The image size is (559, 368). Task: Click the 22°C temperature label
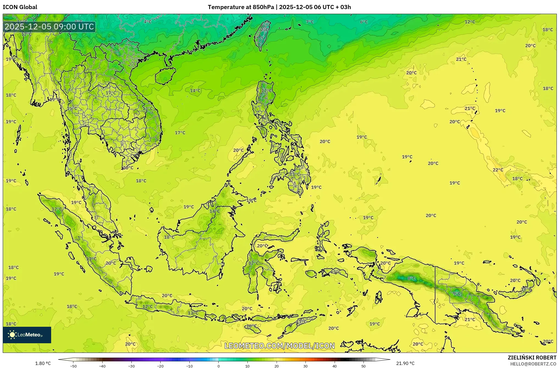point(498,170)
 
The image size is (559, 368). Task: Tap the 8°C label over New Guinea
point(411,278)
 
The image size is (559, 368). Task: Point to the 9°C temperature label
point(457,293)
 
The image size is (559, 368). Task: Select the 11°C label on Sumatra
point(91,259)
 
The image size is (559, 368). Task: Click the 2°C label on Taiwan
point(264,29)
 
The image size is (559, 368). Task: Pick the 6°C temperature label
point(364,22)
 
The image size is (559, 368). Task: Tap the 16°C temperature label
point(251,326)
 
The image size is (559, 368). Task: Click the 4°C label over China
point(148,22)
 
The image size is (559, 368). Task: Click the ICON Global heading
point(20,7)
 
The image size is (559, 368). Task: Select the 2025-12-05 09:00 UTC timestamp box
point(49,27)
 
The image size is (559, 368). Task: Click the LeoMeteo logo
point(27,335)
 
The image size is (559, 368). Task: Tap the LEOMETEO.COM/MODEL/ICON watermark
point(280,346)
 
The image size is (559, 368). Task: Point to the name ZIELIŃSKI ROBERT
point(532,358)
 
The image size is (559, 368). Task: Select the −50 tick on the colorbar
point(73,366)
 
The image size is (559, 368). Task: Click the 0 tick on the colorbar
point(219,366)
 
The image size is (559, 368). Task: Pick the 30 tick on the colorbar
point(305,366)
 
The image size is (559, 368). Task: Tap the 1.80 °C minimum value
point(43,363)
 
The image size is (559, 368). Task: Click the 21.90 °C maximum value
point(405,363)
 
